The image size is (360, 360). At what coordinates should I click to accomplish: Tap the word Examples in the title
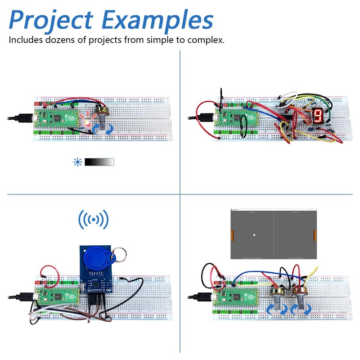coord(157,21)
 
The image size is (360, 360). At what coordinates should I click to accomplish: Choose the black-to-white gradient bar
coord(99,162)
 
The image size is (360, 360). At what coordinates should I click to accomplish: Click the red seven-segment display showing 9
coord(317,116)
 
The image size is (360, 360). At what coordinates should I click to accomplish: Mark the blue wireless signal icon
coord(94,220)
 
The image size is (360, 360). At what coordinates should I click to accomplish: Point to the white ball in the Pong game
coord(254,235)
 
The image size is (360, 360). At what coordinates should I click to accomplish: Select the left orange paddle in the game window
coord(233,235)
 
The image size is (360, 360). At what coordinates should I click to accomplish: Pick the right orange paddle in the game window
coord(315,235)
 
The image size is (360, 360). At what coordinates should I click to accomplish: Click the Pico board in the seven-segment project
coord(235,121)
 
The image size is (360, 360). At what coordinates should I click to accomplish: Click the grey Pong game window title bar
coord(274,210)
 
